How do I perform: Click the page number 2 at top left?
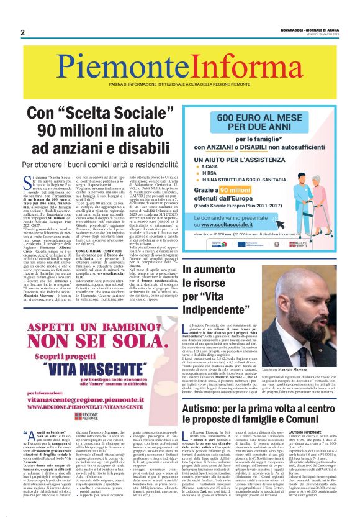point(22,32)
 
